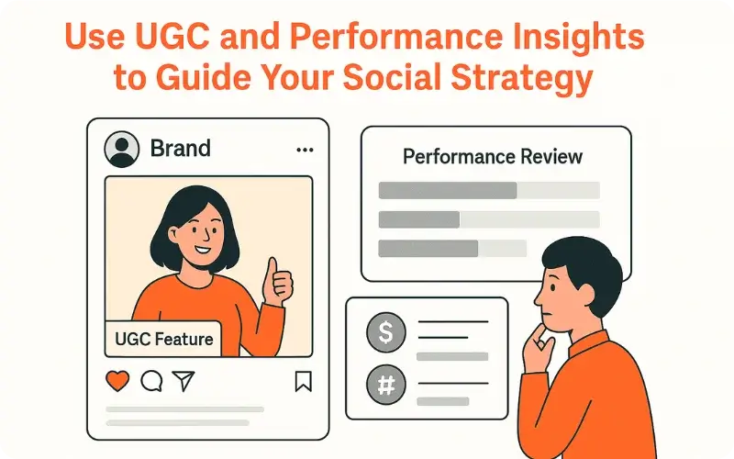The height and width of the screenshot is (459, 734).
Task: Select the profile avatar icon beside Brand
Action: (122, 148)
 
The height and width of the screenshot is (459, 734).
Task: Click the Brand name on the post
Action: (180, 148)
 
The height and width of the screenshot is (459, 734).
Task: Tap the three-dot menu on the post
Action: (305, 149)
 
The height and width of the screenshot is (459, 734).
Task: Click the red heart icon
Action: (118, 380)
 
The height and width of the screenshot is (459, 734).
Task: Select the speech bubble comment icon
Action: (151, 380)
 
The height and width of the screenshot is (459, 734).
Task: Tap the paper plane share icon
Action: (183, 380)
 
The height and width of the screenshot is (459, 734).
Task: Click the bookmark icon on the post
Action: (304, 381)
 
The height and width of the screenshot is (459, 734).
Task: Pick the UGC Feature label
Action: (164, 340)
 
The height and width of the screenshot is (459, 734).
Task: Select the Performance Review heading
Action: (493, 156)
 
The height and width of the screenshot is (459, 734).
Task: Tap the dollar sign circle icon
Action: (385, 332)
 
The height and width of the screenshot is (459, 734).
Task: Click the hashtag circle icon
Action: (385, 384)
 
